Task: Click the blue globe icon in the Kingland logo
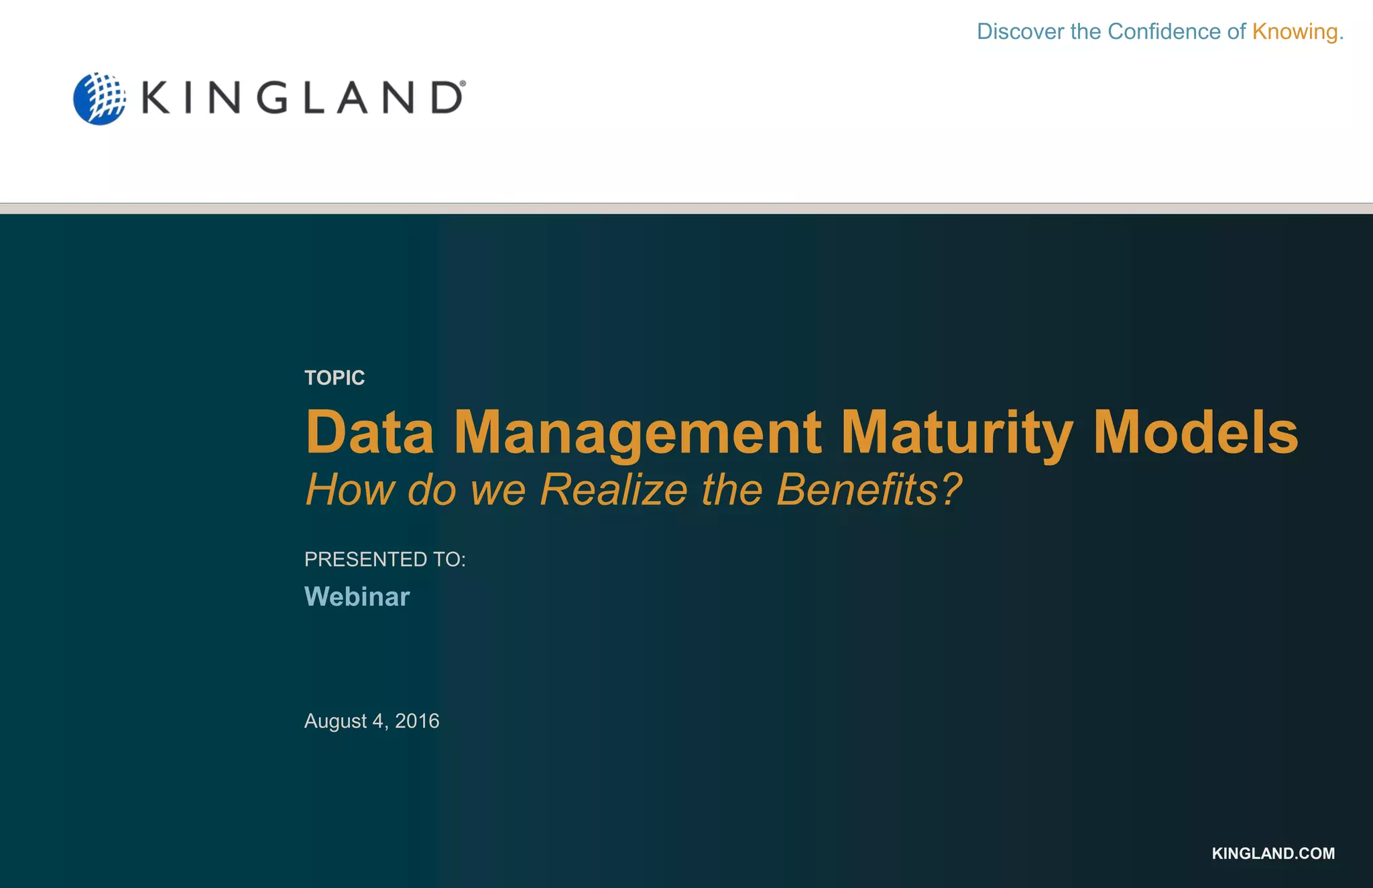99,99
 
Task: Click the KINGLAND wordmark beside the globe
302,99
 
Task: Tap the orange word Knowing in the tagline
1295,31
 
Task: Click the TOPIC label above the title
335,378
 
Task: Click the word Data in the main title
370,432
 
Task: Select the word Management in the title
638,434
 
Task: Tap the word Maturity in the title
957,434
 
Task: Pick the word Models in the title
1196,432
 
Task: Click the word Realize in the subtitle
613,489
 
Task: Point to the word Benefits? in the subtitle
869,489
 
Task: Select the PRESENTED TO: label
385,560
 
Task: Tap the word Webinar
357,596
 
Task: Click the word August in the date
336,721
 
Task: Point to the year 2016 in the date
417,721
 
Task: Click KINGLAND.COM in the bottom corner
1273,853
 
